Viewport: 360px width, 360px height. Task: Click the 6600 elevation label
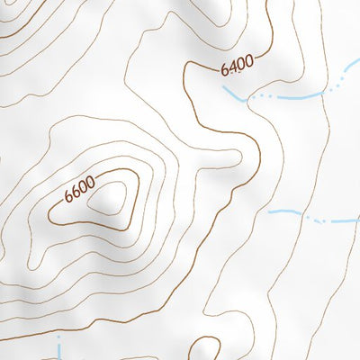(79, 191)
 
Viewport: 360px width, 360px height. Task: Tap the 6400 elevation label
(237, 66)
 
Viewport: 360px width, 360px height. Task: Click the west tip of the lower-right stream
(270, 211)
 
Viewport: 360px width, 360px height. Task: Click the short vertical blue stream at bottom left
(60, 350)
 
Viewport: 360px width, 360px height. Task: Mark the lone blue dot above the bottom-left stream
(59, 335)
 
